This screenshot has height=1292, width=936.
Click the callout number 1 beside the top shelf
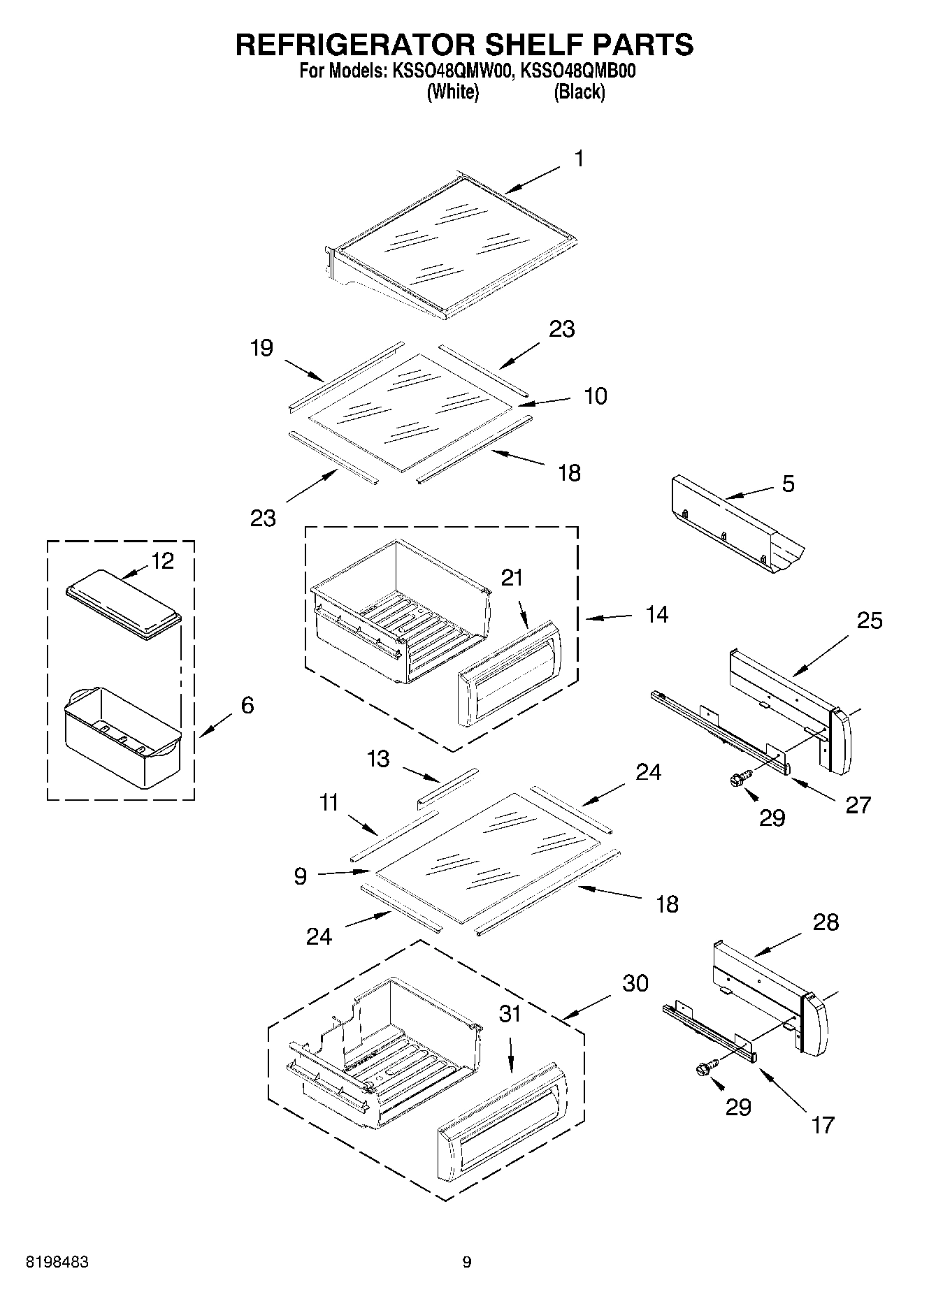tap(578, 159)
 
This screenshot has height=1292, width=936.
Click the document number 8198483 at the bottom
tap(57, 1262)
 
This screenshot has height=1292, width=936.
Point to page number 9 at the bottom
tap(467, 1262)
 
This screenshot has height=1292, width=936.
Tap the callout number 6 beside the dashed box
tap(247, 705)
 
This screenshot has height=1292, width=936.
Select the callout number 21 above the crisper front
tap(512, 578)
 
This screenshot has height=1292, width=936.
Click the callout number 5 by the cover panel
tap(788, 484)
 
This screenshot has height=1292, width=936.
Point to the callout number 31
tap(510, 1013)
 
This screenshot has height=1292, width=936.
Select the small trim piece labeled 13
tap(447, 787)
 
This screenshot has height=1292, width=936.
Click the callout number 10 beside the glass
tap(595, 396)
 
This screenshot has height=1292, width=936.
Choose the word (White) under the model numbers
tap(452, 92)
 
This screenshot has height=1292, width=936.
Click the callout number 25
tap(870, 620)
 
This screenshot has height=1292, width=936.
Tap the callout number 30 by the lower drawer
tap(635, 983)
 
